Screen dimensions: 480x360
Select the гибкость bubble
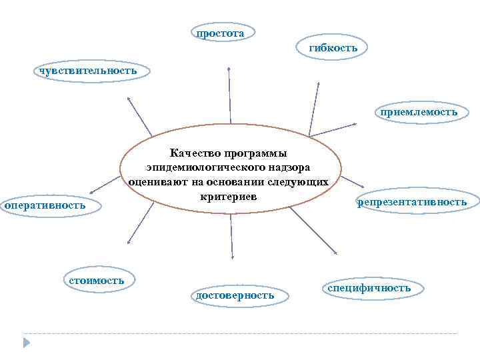(x=333, y=48)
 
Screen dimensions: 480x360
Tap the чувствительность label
(x=87, y=71)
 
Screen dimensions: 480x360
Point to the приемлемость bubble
(x=419, y=112)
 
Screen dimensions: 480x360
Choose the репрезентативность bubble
(x=412, y=202)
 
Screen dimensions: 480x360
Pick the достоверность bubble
(x=232, y=295)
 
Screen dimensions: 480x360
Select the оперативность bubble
(x=46, y=205)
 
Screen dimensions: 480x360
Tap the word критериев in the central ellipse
(x=228, y=195)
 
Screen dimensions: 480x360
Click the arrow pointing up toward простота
(x=230, y=97)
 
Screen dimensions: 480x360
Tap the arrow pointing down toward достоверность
(x=231, y=237)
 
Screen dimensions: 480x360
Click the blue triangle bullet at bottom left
(x=27, y=343)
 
